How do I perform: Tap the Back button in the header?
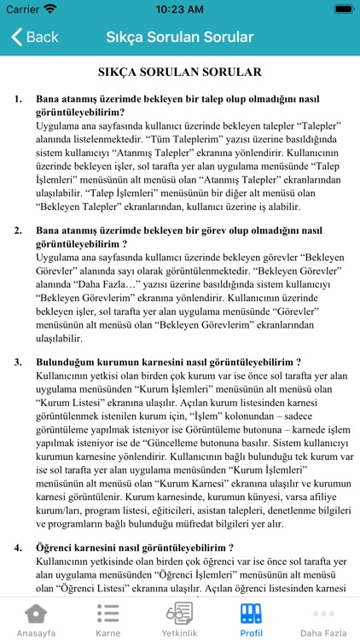34,38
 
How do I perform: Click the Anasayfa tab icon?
36,614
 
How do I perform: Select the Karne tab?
107,620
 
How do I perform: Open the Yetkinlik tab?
179,620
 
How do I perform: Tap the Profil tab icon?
251,614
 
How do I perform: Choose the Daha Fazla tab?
323,620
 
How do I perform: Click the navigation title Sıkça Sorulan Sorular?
180,38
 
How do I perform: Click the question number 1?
18,99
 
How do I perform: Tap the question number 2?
18,230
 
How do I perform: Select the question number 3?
18,362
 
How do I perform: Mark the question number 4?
18,547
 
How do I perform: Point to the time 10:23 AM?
180,9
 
